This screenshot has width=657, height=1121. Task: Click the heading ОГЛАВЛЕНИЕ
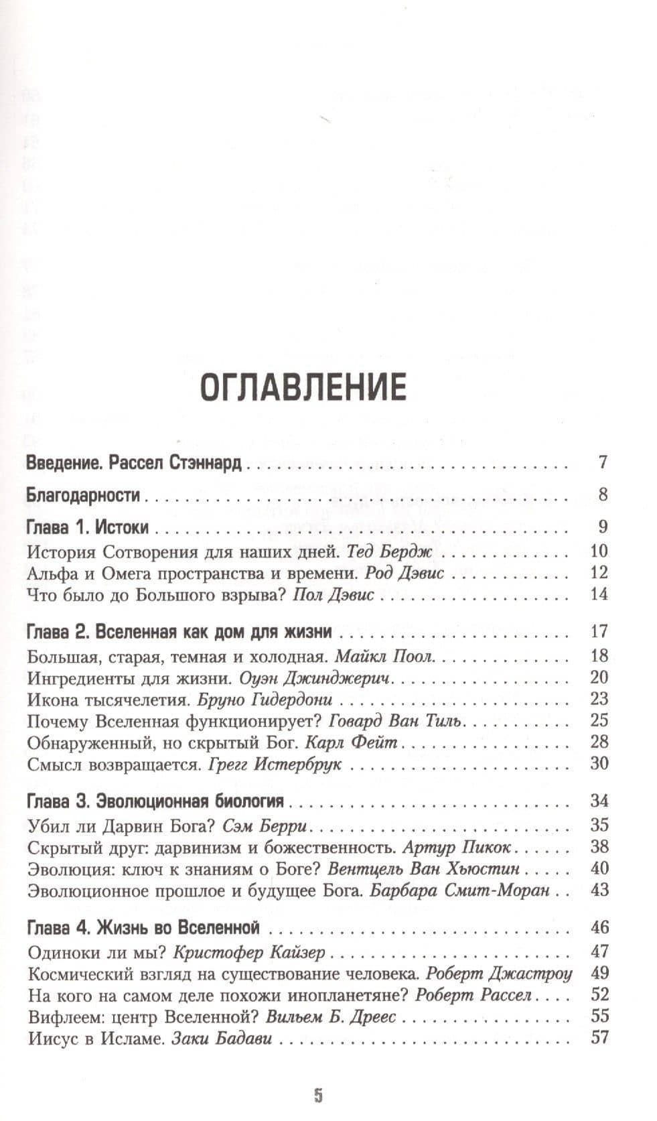[x=303, y=388]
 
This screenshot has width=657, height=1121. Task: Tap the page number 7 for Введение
[x=603, y=462]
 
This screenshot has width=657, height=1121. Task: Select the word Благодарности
[x=82, y=495]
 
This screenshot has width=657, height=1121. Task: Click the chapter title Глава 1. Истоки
[x=87, y=527]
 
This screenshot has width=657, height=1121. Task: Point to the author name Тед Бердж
[x=390, y=551]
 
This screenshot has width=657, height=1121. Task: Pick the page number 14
[x=599, y=594]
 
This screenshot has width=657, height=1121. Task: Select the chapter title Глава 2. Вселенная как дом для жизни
[x=179, y=631]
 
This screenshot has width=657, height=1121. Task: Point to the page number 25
[x=599, y=720]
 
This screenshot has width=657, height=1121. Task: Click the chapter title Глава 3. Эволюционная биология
[x=155, y=801]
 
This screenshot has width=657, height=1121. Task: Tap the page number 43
[x=599, y=889]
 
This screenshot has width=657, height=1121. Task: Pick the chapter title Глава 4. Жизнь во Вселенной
[x=143, y=928]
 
